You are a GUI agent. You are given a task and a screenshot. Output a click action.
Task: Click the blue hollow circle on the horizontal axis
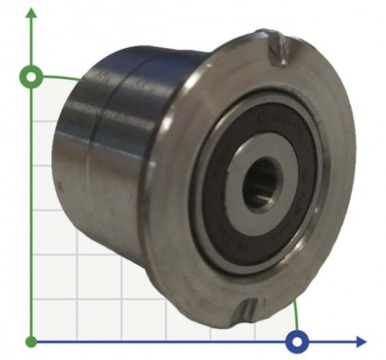click(x=297, y=341)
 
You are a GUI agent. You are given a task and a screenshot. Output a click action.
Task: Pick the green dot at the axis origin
click(x=31, y=341)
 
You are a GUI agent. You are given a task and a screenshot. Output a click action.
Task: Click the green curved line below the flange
click(x=297, y=313)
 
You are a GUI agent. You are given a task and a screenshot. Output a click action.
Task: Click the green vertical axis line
click(x=31, y=216)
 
